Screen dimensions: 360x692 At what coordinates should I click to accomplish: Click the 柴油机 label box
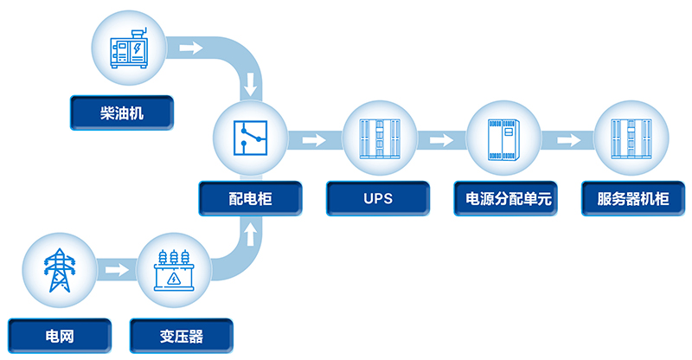[x=121, y=112]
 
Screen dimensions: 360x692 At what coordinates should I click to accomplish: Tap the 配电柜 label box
[x=251, y=199]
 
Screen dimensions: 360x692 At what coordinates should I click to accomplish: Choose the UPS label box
[x=378, y=199]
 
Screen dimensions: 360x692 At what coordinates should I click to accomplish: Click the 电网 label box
[x=60, y=334]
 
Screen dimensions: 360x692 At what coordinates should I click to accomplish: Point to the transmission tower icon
[x=60, y=269]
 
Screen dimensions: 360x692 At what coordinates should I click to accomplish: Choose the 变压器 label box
[x=181, y=334]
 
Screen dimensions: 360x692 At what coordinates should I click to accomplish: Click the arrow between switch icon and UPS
[x=314, y=138]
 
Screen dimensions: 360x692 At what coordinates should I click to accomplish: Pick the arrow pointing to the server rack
[x=568, y=138]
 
